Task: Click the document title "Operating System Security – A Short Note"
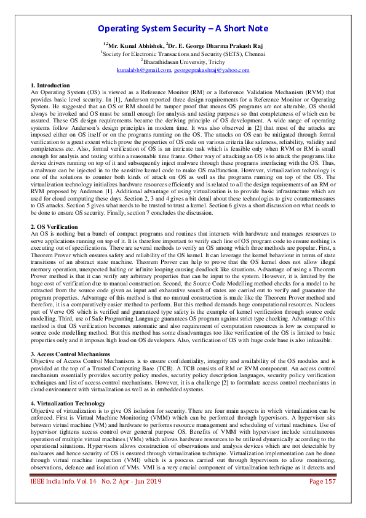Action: [183, 29]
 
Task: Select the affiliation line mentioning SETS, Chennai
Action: [183, 54]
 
